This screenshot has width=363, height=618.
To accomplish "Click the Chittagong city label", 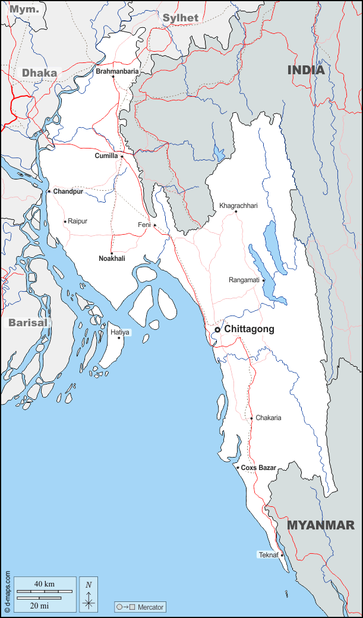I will point(249,329).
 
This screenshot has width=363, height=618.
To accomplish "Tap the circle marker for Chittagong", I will point(217,329).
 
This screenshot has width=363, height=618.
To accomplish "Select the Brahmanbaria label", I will point(117,71).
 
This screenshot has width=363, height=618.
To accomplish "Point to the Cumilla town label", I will point(107,156).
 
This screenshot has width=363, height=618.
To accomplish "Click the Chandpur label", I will point(68,191).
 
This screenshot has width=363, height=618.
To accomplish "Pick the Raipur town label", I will point(77,221).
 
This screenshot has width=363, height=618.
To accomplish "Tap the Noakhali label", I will point(112,258).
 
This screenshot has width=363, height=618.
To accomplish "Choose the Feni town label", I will point(144,225).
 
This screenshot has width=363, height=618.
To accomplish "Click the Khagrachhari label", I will point(238,206).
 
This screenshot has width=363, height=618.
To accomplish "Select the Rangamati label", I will point(244,280).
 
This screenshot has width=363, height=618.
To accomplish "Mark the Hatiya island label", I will point(120,332).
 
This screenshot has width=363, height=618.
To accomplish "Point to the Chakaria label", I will point(268,418).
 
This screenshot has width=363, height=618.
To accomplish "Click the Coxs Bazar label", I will point(258,468).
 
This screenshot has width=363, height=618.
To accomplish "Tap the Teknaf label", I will point(268,555).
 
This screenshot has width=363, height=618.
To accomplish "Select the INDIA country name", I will point(306,70).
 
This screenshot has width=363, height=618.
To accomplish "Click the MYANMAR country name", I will point(321,525).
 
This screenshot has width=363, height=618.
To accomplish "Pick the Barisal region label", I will point(27,323).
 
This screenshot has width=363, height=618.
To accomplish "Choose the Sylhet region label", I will point(181,18).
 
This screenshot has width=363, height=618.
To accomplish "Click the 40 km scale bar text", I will point(45,584).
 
